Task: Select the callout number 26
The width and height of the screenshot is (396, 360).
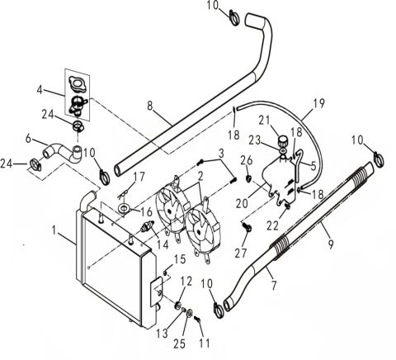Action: pos(245,159)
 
